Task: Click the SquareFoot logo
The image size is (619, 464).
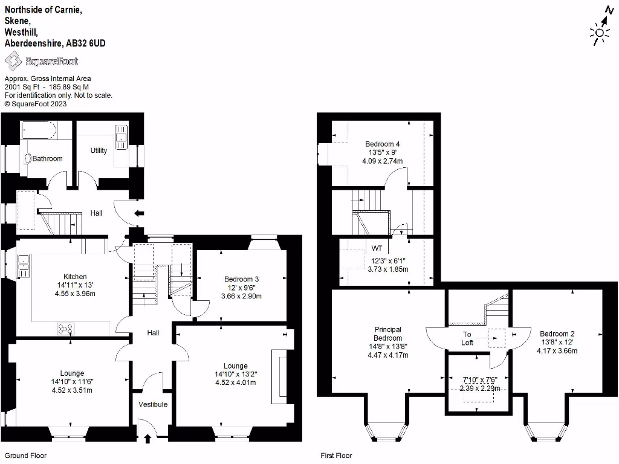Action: pos(41,61)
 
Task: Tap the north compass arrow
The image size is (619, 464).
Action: pos(609,14)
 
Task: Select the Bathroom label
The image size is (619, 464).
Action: pos(47,159)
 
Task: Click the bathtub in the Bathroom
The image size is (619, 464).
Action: pos(39,130)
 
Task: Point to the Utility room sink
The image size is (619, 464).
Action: pos(122,137)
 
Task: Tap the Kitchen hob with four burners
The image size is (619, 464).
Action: pos(65,329)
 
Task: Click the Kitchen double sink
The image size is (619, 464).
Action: pos(24,266)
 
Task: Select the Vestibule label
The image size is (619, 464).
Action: pos(153,404)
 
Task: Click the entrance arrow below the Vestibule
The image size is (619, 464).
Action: pos(147,439)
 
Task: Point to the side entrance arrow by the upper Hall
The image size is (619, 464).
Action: pos(138,213)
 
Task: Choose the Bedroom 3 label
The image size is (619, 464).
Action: pos(241,279)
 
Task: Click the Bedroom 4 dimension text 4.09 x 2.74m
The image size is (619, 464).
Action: pos(382,161)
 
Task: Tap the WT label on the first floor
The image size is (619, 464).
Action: pos(377,248)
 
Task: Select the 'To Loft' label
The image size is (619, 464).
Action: pos(467,338)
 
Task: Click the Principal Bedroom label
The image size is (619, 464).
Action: pos(387,333)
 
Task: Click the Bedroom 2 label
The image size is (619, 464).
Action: pos(557,333)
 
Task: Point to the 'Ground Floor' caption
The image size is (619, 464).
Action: pos(25,456)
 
